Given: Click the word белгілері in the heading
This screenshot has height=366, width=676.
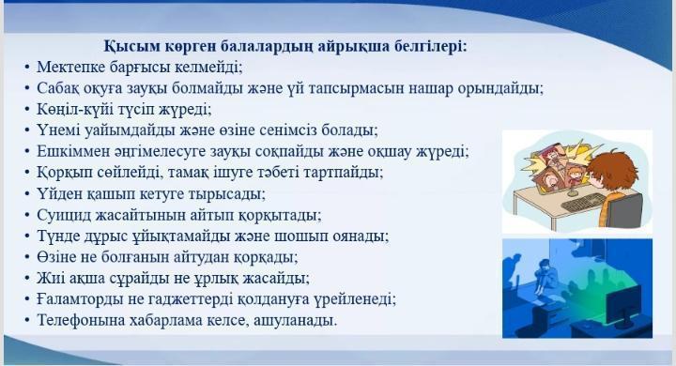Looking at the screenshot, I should [422, 45].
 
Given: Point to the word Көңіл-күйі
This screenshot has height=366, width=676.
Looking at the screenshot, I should [75, 110].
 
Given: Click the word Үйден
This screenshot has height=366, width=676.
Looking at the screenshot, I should [59, 194].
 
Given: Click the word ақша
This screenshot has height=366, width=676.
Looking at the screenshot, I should [97, 279].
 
